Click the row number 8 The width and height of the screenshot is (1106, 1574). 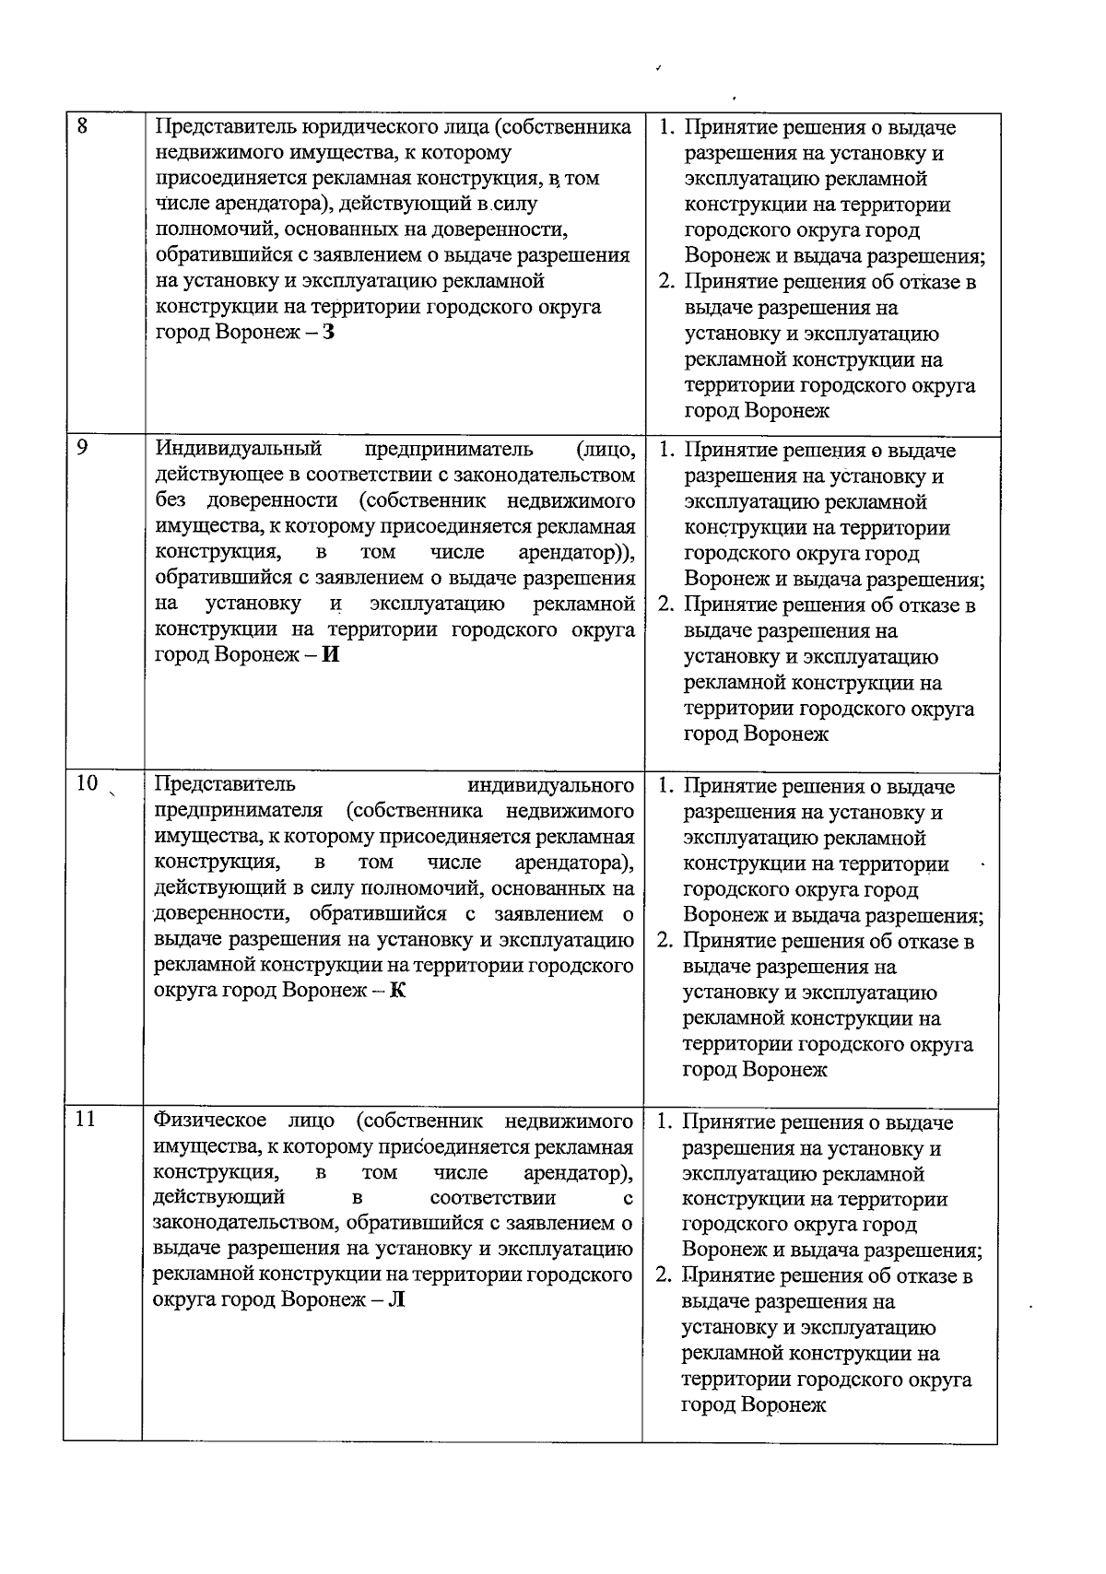[x=81, y=127]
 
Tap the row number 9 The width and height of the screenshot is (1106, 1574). [x=81, y=449]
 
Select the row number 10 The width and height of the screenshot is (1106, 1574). [x=87, y=783]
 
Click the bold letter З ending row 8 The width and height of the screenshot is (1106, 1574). [x=329, y=332]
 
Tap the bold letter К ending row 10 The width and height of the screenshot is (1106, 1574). [x=398, y=992]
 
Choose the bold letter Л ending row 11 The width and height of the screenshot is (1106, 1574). [x=397, y=1300]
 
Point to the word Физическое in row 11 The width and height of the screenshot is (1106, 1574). [x=210, y=1121]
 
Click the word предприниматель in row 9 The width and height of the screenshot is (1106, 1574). [x=448, y=449]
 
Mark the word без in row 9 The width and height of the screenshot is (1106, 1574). [x=171, y=500]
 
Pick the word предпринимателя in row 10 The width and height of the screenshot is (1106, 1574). [x=238, y=811]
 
